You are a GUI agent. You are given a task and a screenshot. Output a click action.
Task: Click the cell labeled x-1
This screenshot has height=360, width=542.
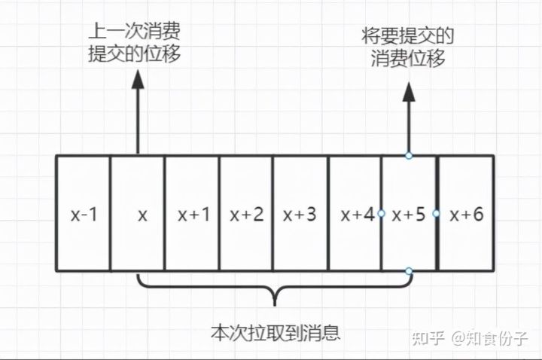[84, 214]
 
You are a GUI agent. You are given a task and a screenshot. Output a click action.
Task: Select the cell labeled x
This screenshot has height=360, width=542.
[139, 214]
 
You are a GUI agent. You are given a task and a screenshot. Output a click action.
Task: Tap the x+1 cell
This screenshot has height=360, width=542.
[193, 214]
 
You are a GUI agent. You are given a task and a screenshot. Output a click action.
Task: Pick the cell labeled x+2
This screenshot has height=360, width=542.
[247, 214]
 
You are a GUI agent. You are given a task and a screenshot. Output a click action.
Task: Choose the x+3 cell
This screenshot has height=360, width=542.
[300, 214]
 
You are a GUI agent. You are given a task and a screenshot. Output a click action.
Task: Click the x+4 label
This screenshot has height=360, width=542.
[355, 214]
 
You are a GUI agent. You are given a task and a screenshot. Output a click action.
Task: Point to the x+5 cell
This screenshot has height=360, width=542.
[410, 214]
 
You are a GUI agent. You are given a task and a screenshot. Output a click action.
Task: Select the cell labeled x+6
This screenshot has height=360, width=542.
[465, 214]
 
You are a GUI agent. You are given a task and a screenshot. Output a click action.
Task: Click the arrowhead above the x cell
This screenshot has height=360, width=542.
[139, 81]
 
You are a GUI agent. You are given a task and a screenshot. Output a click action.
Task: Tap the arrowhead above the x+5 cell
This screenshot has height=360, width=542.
[409, 92]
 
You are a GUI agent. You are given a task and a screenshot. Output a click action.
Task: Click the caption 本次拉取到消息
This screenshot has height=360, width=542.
[276, 331]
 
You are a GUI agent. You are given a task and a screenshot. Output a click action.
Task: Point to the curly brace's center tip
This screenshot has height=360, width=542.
[275, 303]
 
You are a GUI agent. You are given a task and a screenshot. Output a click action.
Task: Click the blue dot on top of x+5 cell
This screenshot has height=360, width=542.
[409, 156]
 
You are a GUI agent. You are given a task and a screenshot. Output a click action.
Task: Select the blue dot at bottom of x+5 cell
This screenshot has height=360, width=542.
[409, 270]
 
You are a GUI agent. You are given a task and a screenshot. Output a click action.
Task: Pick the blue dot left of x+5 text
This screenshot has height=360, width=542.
[382, 214]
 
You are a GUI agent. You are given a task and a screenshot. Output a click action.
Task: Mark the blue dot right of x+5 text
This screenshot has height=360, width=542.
[437, 214]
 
